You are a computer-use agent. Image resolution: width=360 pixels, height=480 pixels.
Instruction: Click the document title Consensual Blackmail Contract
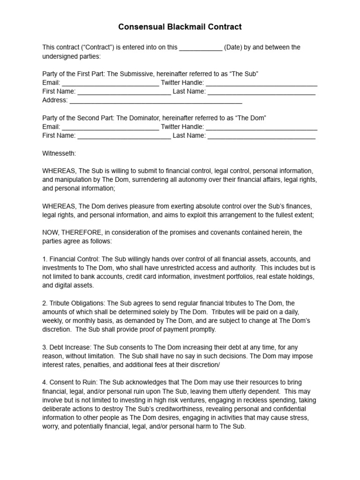tap(180, 27)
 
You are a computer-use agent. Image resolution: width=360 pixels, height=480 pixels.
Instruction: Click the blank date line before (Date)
tap(201, 48)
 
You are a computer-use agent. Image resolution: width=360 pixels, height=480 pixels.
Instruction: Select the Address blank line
tap(156, 101)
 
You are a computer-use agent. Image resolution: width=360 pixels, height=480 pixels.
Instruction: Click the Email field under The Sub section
tap(110, 83)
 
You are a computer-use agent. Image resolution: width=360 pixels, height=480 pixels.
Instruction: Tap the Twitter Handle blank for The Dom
tap(262, 127)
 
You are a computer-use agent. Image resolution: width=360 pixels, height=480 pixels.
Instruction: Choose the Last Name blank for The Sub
tap(262, 92)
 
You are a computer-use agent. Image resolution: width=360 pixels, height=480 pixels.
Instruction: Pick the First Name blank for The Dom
tap(124, 136)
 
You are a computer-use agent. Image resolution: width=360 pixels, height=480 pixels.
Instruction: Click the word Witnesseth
tap(59, 153)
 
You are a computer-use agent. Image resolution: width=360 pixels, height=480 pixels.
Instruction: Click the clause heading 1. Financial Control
tap(71, 259)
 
